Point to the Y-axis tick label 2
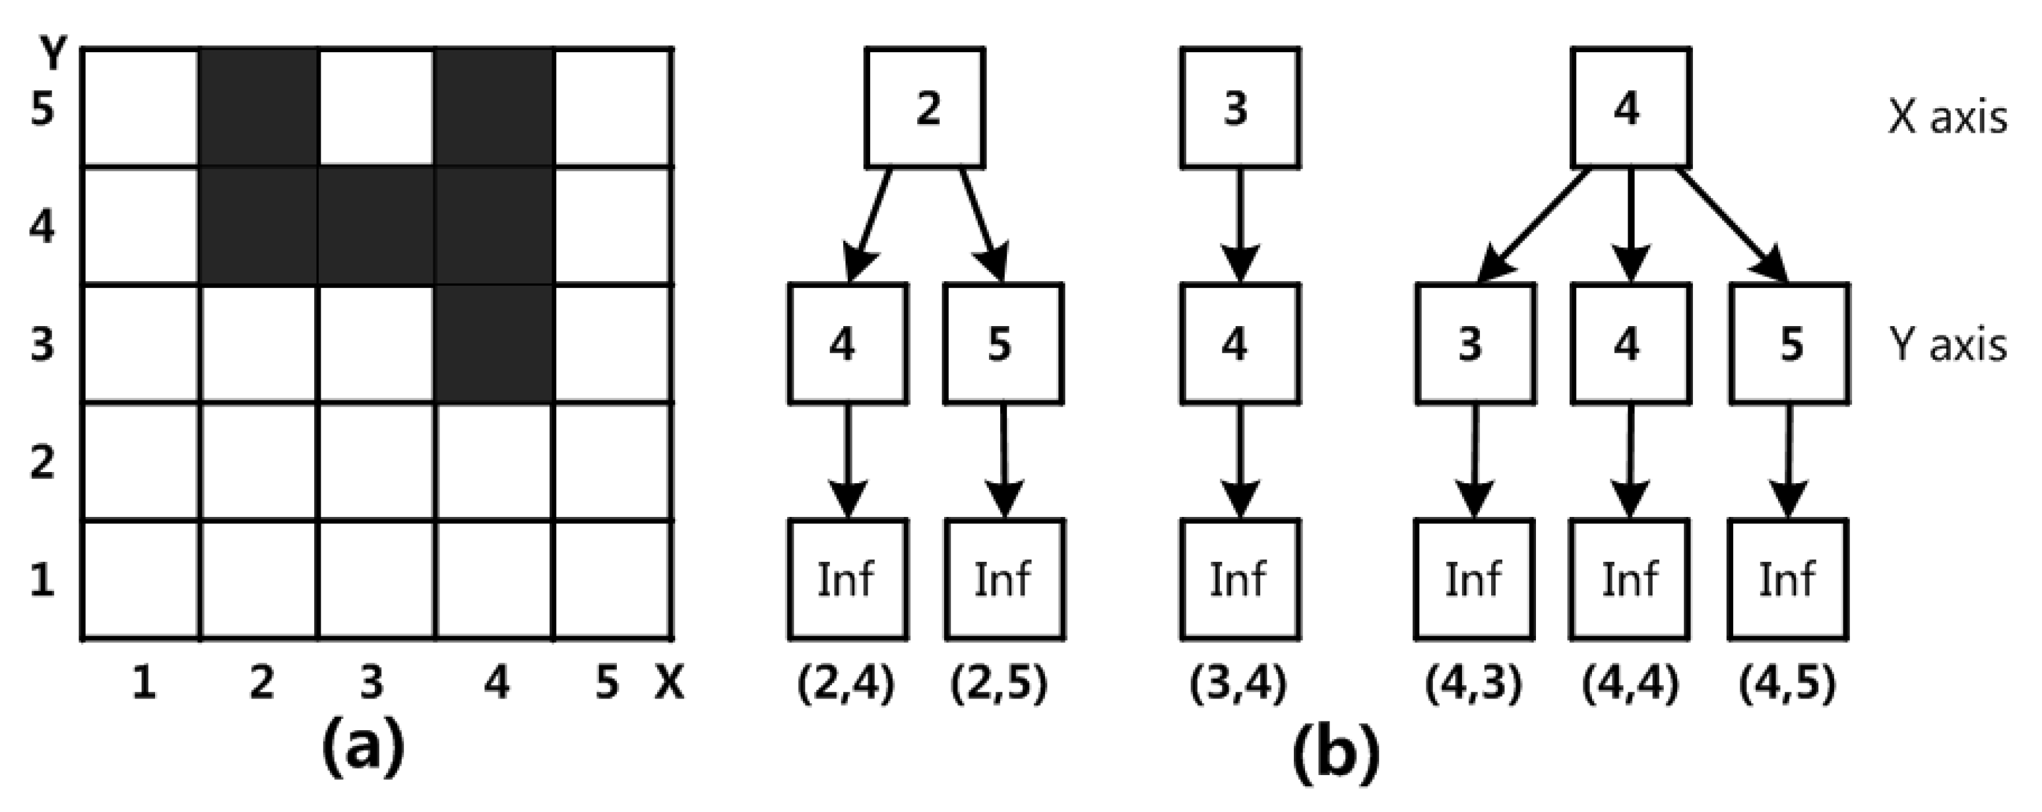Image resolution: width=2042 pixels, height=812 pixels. click(x=41, y=462)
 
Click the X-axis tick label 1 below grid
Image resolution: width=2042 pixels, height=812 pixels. click(x=143, y=682)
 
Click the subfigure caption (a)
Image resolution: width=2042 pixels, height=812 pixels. click(x=363, y=747)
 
